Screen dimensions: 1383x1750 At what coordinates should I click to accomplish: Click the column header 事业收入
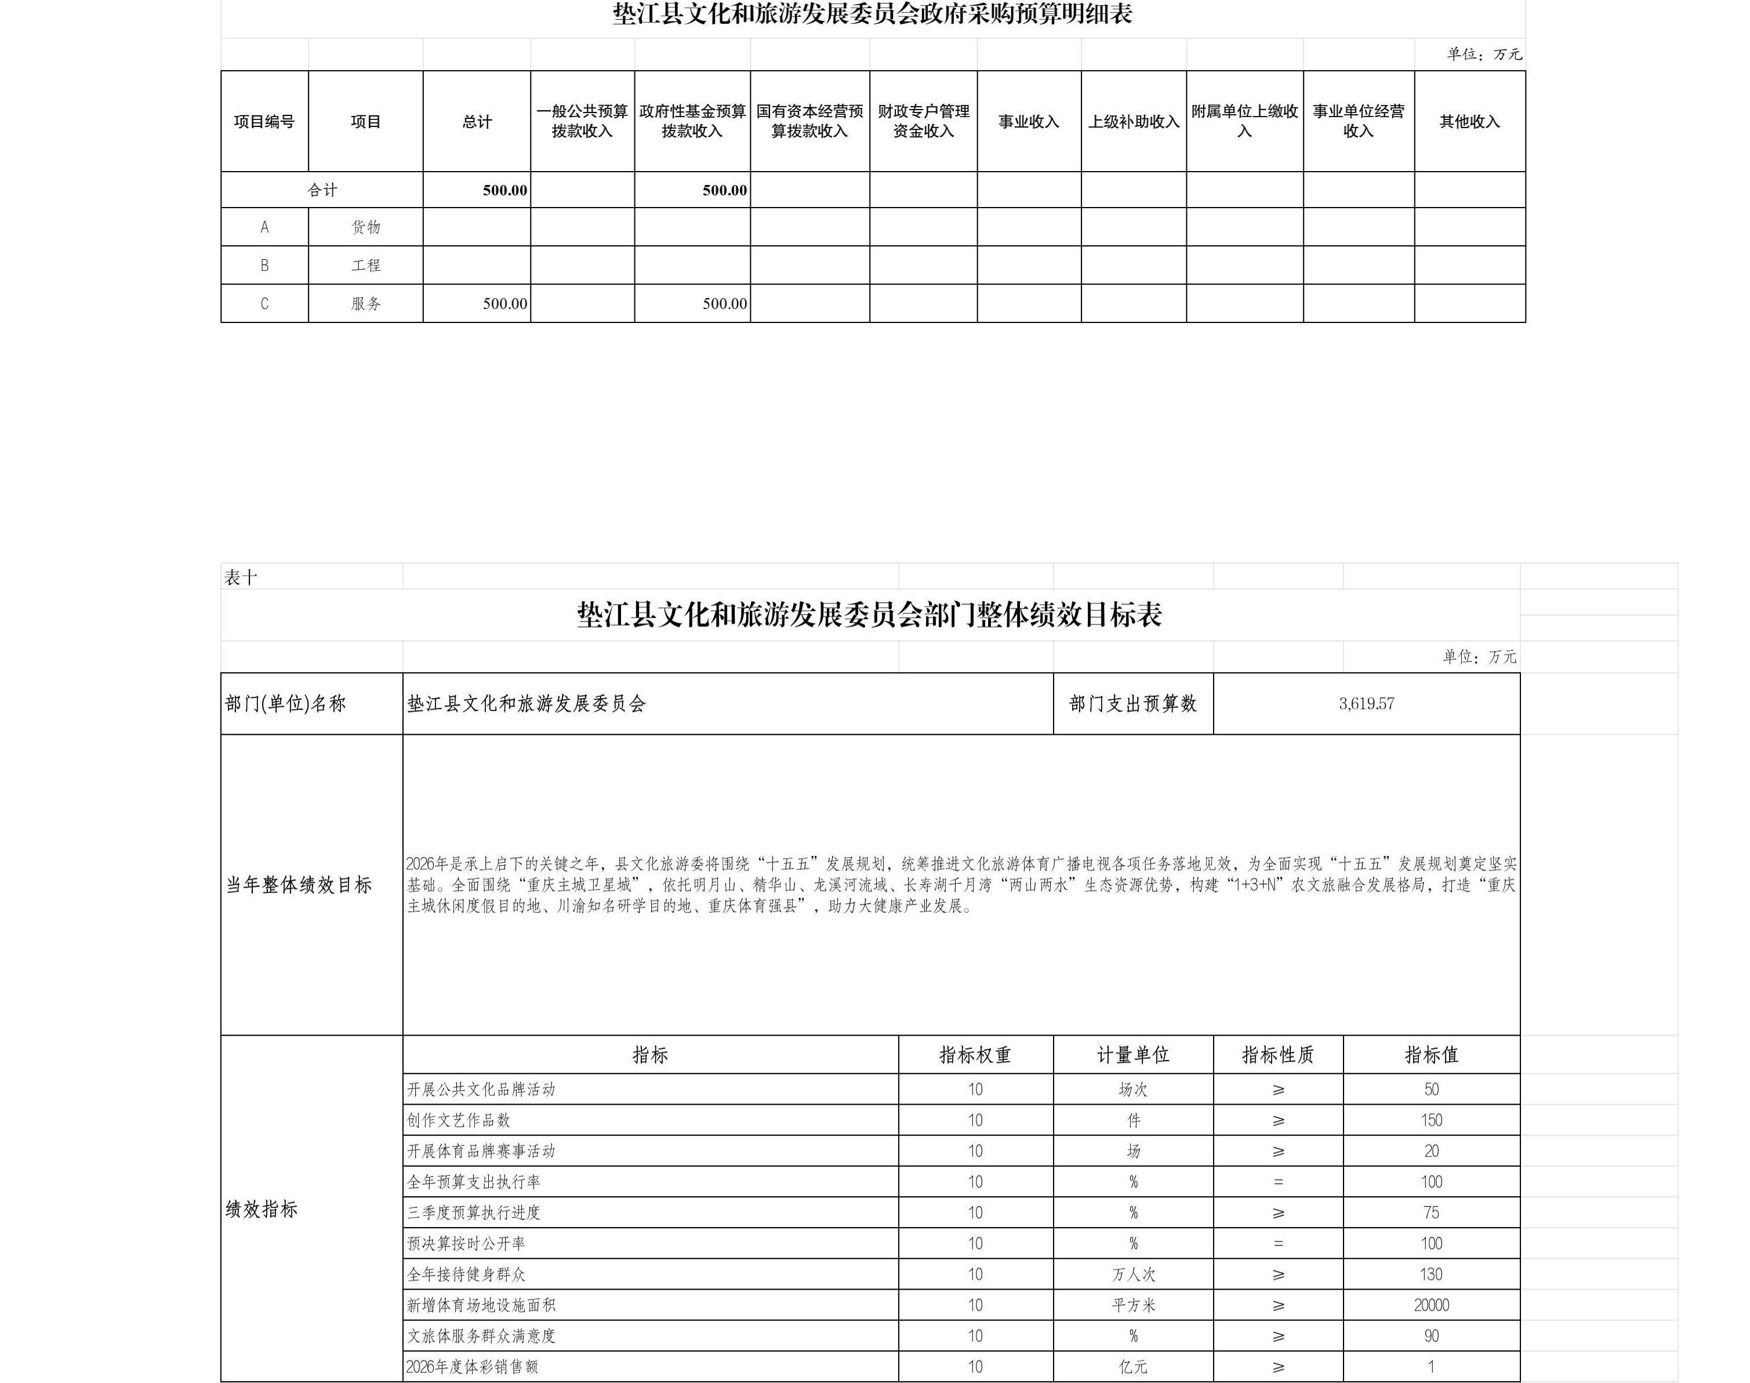pyautogui.click(x=1029, y=121)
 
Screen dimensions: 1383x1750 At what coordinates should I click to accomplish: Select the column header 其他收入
pyautogui.click(x=1469, y=121)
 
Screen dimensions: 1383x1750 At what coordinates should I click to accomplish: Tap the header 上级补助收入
pyautogui.click(x=1133, y=121)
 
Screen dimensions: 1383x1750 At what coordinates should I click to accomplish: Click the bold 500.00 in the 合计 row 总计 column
pyautogui.click(x=504, y=190)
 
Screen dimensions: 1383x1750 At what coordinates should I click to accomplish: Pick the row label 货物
pyautogui.click(x=365, y=227)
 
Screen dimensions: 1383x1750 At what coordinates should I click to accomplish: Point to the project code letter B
pyautogui.click(x=264, y=265)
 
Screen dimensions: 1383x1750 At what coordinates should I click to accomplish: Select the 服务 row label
pyautogui.click(x=365, y=304)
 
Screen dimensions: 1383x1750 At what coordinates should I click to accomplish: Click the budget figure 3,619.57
pyautogui.click(x=1366, y=703)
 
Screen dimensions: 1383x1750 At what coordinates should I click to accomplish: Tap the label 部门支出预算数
pyautogui.click(x=1132, y=703)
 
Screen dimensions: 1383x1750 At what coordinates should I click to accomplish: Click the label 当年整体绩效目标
pyautogui.click(x=299, y=885)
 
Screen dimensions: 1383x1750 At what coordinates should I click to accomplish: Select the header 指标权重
pyautogui.click(x=975, y=1055)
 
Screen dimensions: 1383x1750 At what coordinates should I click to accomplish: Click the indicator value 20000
pyautogui.click(x=1431, y=1305)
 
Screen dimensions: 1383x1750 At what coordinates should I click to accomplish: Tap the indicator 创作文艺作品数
pyautogui.click(x=458, y=1121)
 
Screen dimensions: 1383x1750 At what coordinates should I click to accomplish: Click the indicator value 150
pyautogui.click(x=1431, y=1121)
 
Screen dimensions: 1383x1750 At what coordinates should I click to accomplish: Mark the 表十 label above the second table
pyautogui.click(x=241, y=578)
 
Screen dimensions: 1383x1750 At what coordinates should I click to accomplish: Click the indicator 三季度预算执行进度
pyautogui.click(x=473, y=1213)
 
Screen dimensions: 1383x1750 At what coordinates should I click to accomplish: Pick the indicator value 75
pyautogui.click(x=1431, y=1213)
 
